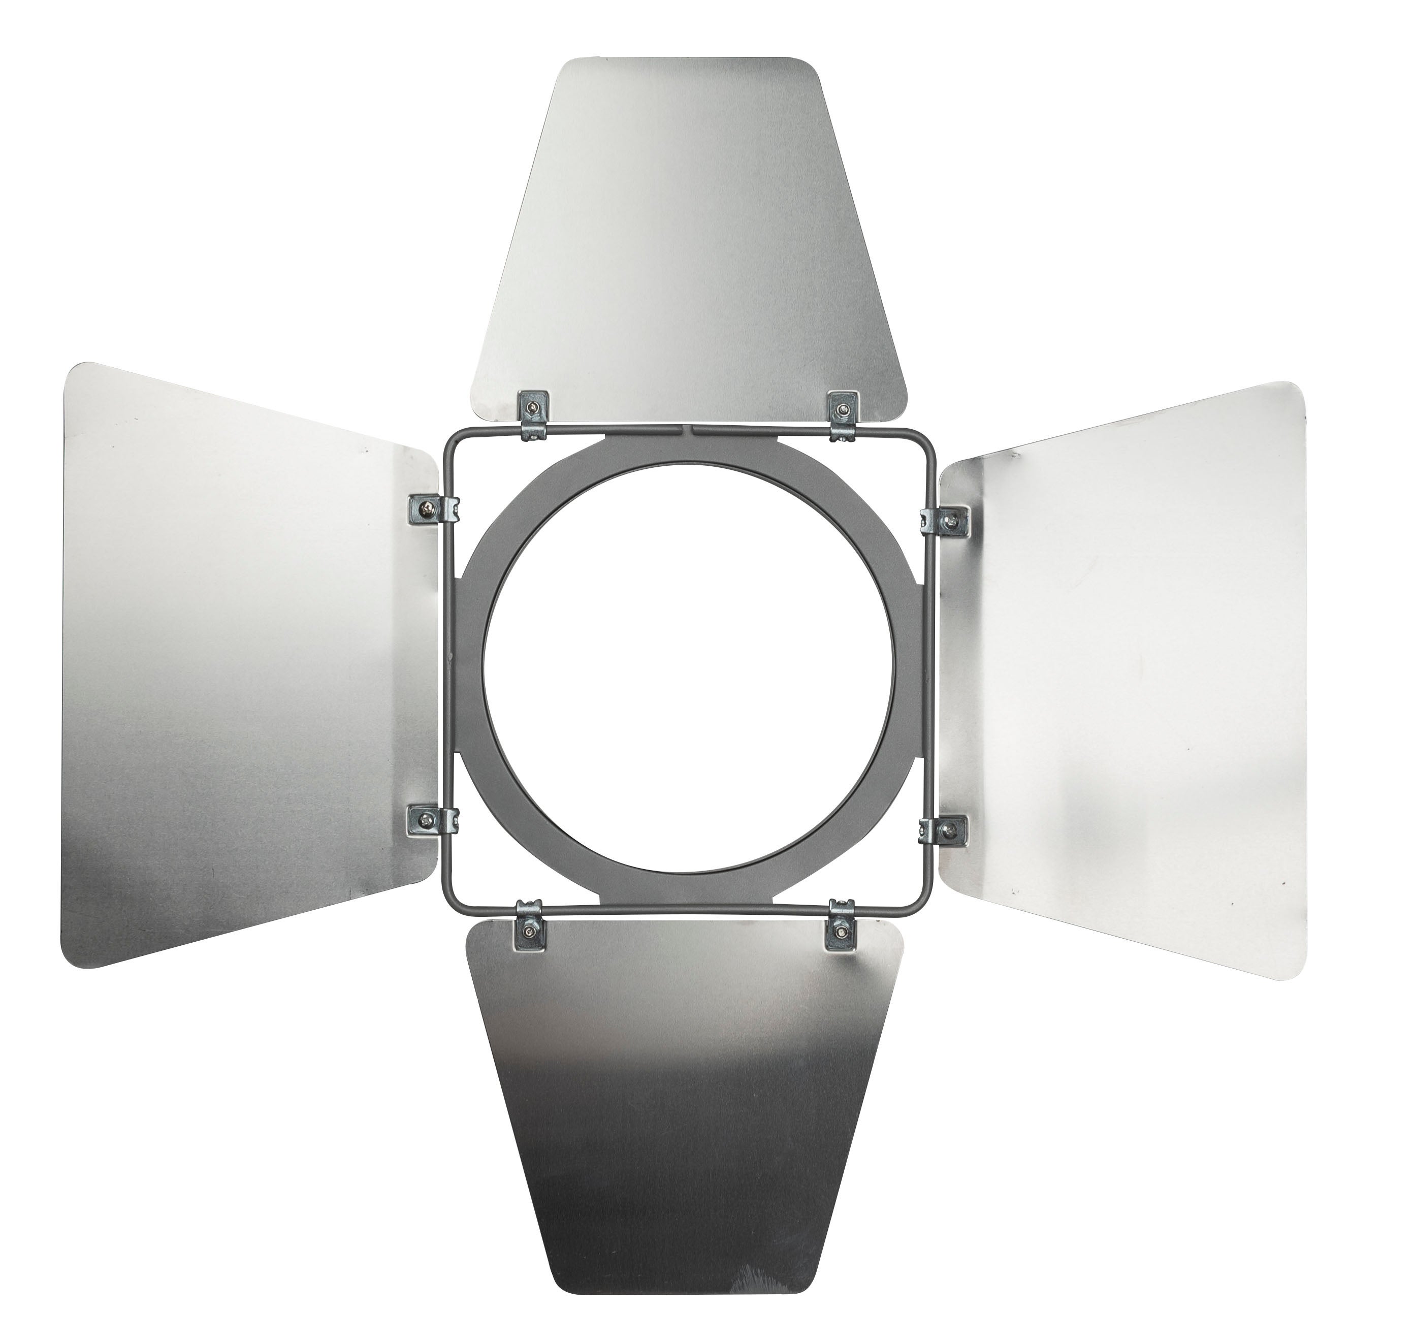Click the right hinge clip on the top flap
click(841, 414)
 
